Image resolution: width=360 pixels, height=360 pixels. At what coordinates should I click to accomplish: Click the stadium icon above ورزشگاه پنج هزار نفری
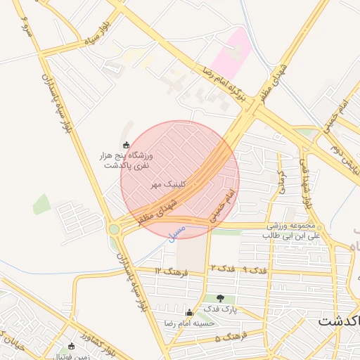[x=127, y=144]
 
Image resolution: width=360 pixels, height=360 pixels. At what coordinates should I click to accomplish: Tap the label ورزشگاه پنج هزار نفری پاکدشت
[x=129, y=160]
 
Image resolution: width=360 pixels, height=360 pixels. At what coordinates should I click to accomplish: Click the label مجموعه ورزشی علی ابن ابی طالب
[x=293, y=231]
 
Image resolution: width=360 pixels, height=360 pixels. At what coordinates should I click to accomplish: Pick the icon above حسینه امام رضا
[x=188, y=313]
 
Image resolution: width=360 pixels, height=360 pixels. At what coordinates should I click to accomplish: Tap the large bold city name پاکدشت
[x=337, y=321]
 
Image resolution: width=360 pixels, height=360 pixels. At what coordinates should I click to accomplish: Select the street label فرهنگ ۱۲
[x=169, y=271]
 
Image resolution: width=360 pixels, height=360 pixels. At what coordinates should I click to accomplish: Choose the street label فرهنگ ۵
[x=228, y=337]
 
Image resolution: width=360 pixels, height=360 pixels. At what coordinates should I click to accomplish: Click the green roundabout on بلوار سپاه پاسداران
[x=114, y=229]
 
